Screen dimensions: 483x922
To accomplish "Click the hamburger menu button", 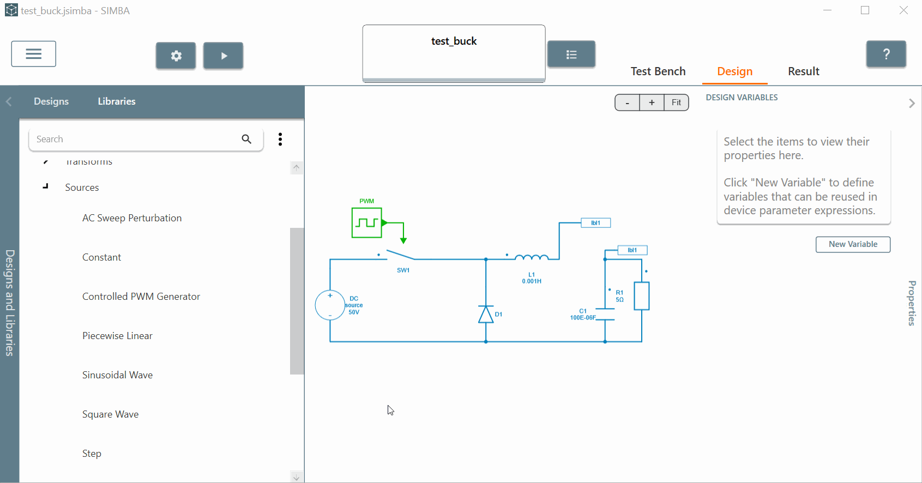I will [x=34, y=54].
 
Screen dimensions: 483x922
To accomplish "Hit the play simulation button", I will [x=223, y=56].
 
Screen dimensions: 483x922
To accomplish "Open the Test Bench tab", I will [x=658, y=71].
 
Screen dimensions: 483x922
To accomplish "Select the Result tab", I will [x=803, y=71].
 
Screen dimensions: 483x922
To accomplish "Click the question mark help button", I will [x=886, y=54].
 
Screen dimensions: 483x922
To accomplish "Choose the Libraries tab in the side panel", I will [x=117, y=101].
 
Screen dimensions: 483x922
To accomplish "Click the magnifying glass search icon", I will [x=246, y=139].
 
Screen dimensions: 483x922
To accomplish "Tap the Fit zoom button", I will [x=676, y=102].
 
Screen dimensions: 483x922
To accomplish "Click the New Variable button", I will [x=853, y=244].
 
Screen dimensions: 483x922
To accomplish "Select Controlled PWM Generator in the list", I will [x=141, y=297].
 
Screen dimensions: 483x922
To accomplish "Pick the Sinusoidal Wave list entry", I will [x=117, y=375].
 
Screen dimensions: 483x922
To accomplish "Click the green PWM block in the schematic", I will [x=366, y=222].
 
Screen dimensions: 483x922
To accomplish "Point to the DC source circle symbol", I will [x=330, y=305].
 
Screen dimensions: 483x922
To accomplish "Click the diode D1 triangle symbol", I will [x=486, y=315].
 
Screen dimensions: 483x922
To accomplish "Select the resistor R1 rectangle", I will [x=642, y=296].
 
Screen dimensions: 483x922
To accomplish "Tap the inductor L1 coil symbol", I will [x=532, y=257].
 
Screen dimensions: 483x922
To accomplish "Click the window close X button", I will [x=903, y=10].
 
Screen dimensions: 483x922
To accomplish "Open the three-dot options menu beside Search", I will [x=280, y=139].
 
